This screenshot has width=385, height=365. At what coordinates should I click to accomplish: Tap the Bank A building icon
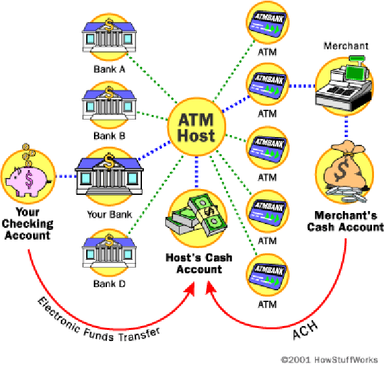108,36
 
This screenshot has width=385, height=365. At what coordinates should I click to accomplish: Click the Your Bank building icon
108,175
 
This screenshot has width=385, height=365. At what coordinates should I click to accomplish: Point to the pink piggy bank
29,177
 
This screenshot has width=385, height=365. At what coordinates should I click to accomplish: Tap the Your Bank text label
109,214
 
